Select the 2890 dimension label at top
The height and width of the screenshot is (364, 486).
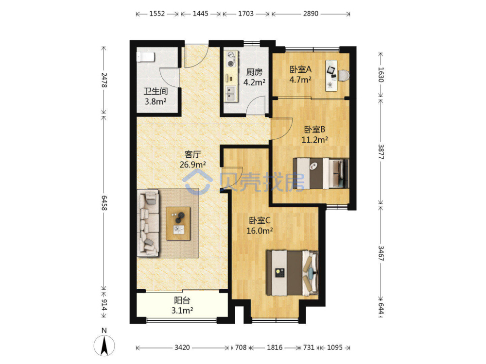311,14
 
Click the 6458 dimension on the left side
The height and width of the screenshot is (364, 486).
104,203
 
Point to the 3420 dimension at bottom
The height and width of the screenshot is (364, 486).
182,347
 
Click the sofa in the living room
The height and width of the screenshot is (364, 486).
148,223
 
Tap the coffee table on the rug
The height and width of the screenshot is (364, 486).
178,223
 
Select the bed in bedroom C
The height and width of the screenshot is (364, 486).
293,273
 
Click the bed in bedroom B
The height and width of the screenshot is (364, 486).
321,173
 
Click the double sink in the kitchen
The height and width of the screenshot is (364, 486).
230,94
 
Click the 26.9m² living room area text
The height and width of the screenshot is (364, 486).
193,165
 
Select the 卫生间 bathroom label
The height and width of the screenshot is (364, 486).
156,91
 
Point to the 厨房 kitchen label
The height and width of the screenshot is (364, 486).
254,72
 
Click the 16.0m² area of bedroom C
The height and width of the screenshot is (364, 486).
260,231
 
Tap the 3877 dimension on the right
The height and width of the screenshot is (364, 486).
381,152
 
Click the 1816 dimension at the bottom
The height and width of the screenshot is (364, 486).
275,347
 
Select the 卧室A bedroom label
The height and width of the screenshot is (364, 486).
300,69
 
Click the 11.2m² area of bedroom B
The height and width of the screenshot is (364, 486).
315,140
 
